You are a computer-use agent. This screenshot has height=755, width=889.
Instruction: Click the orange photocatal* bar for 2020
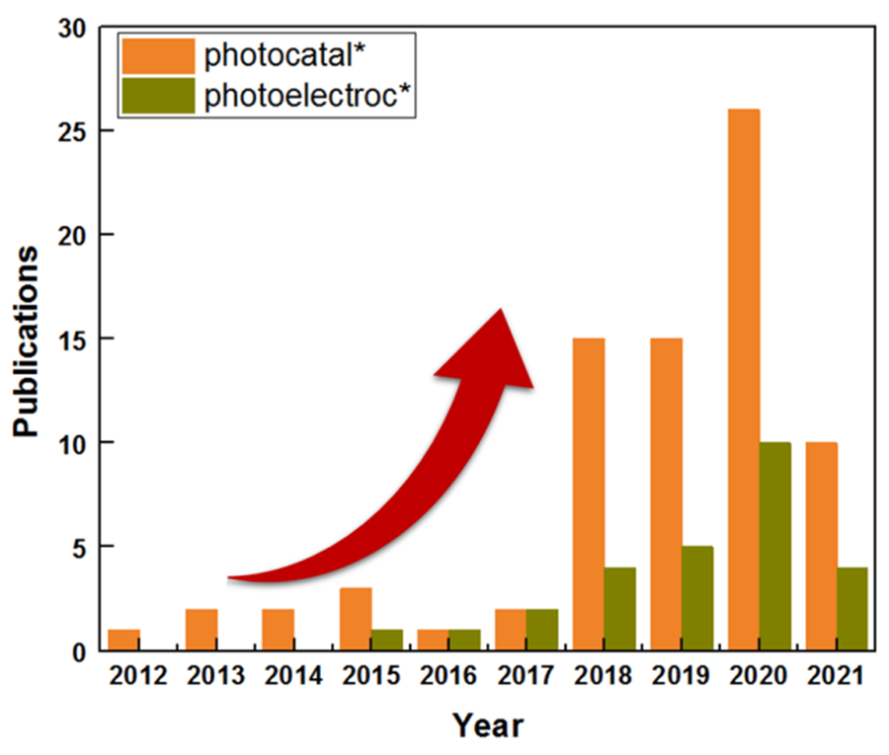tap(744, 379)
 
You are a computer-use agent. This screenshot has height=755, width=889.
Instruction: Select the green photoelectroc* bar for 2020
tap(775, 546)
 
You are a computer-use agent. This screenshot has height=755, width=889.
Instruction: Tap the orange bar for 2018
tap(588, 493)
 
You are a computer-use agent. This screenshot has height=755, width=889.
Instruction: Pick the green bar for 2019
tap(697, 598)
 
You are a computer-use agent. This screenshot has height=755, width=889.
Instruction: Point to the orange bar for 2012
tap(123, 640)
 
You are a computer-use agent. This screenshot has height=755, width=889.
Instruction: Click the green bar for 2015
tap(386, 640)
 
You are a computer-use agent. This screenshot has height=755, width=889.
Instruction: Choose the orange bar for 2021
tap(821, 546)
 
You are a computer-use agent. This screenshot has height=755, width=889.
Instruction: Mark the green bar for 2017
tap(541, 630)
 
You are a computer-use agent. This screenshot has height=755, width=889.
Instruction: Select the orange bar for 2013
tap(201, 630)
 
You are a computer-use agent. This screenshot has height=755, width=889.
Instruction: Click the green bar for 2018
tap(619, 608)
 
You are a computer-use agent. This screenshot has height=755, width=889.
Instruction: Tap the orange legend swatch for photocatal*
tap(157, 56)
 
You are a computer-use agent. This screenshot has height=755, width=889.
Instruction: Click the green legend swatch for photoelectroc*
tap(157, 97)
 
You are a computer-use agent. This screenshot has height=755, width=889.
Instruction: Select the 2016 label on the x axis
tap(448, 677)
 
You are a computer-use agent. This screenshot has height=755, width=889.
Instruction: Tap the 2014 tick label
tap(294, 677)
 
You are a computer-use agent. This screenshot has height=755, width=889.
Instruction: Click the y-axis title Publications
tap(29, 340)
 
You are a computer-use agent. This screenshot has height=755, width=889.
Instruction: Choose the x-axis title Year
tap(488, 726)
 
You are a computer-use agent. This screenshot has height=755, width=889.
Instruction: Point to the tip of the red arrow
tap(501, 311)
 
